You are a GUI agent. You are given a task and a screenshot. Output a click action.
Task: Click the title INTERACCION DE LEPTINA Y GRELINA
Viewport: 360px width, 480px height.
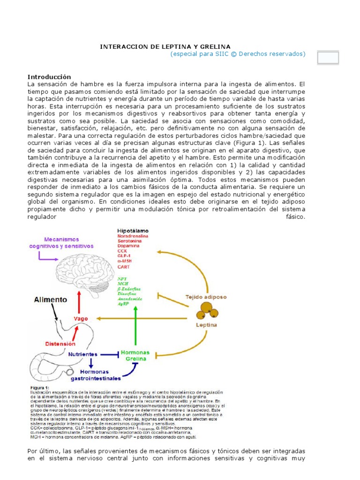pos(166,47)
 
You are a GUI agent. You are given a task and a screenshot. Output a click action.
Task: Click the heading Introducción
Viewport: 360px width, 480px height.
pos(49,77)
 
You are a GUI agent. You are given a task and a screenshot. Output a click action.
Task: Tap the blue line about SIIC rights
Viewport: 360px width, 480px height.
pos(238,54)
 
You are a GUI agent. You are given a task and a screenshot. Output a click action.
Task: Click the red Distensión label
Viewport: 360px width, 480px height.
pos(60,344)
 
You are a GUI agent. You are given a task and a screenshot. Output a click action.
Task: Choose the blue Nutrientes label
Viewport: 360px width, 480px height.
pos(82,355)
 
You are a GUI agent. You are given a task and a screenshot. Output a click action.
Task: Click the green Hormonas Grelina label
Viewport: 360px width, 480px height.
pos(135,356)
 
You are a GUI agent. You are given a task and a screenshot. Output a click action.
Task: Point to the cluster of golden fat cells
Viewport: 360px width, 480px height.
pos(207,310)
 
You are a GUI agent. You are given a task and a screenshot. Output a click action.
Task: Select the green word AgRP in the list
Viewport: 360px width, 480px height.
pos(124,304)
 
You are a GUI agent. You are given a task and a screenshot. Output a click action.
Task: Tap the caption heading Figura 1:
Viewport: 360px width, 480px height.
pos(41,388)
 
